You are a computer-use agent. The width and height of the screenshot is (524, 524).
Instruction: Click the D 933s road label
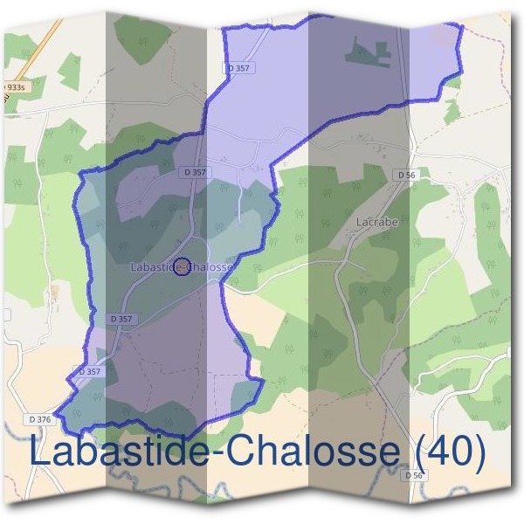pyautogui.click(x=12, y=88)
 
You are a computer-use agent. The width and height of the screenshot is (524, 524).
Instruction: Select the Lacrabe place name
pyautogui.click(x=377, y=222)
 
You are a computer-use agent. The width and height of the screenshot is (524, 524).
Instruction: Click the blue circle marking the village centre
pyautogui.click(x=182, y=266)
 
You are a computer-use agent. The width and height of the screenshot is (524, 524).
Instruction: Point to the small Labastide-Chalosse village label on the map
pyautogui.click(x=182, y=266)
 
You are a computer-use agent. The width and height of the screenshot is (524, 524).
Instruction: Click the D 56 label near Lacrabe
pyautogui.click(x=405, y=175)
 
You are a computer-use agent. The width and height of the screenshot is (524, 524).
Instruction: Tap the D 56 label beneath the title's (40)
pyautogui.click(x=414, y=475)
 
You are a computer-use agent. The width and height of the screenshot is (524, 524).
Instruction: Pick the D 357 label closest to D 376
pyautogui.click(x=90, y=371)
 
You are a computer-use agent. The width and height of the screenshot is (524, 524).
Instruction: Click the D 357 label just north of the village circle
pyautogui.click(x=196, y=173)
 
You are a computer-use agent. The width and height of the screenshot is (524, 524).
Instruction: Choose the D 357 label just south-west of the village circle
pyautogui.click(x=121, y=319)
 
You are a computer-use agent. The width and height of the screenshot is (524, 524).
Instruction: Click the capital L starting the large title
pyautogui.click(x=39, y=452)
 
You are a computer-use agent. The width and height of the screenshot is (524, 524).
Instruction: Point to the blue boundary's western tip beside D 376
pyautogui.click(x=55, y=410)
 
